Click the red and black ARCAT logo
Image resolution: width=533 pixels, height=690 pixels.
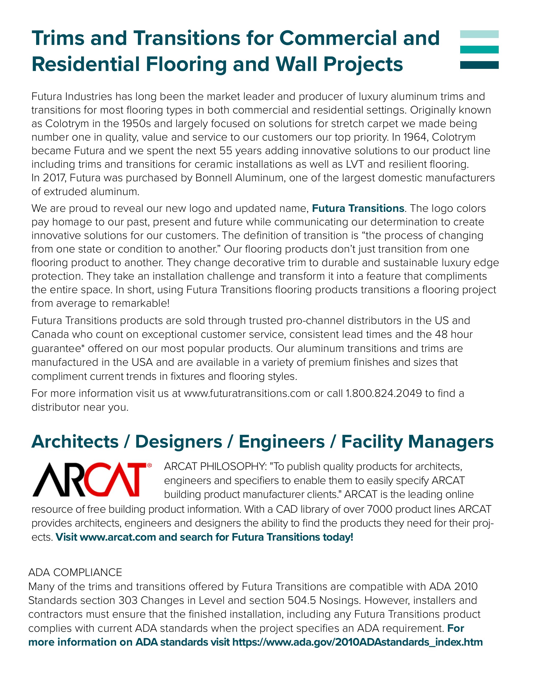92,479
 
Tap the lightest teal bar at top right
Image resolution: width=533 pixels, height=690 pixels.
479,34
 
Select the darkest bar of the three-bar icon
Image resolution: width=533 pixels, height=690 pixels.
479,65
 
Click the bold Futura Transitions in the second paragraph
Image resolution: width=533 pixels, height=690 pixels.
358,209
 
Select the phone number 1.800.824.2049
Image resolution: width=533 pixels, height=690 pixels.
384,393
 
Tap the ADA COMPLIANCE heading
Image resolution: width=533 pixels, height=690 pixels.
75,572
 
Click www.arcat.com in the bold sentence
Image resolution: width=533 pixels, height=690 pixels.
118,537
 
